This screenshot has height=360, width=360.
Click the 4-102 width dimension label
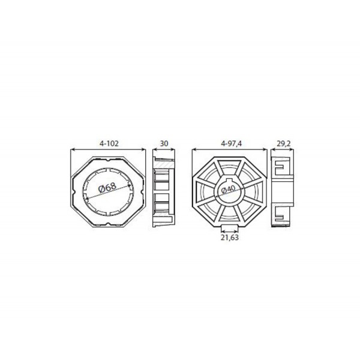pyautogui.click(x=109, y=144)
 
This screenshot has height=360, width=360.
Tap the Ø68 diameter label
pyautogui.click(x=107, y=188)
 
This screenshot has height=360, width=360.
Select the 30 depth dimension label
pyautogui.click(x=164, y=144)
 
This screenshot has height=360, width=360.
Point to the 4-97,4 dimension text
pyautogui.click(x=232, y=144)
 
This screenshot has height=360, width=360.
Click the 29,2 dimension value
pyautogui.click(x=284, y=144)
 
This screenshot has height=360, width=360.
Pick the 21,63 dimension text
pyautogui.click(x=230, y=238)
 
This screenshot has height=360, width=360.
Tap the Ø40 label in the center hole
pyautogui.click(x=229, y=190)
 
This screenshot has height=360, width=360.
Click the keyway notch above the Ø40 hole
pyautogui.click(x=229, y=180)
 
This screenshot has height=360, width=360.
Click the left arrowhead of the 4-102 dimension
pyautogui.click(x=73, y=149)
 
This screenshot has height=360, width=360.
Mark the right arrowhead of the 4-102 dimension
pyautogui.click(x=143, y=149)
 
